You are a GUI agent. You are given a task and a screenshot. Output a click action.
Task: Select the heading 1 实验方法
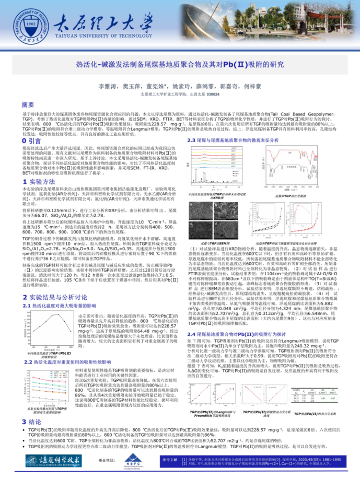coord(37,180)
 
